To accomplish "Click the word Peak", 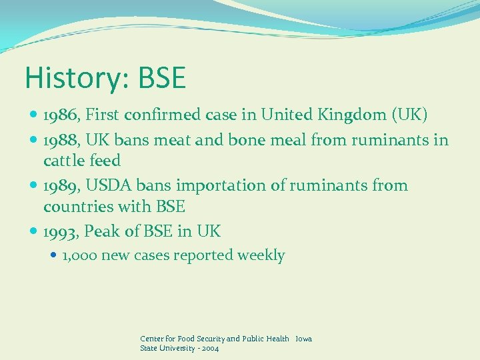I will point(102,232).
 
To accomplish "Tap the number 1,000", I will point(80,255).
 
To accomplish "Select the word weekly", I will point(263,255).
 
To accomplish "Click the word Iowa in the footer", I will point(303,339).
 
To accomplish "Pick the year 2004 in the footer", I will point(210,348).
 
